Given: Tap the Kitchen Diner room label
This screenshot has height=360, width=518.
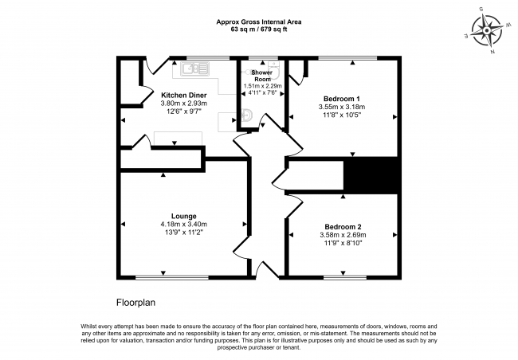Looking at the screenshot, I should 172,95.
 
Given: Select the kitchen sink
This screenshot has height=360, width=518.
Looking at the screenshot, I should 190,69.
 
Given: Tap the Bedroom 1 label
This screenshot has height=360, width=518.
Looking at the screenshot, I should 340,97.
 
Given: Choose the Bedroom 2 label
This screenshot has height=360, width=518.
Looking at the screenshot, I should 341,226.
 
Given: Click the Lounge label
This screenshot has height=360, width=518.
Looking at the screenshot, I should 183,215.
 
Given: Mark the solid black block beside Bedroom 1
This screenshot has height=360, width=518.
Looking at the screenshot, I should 370,175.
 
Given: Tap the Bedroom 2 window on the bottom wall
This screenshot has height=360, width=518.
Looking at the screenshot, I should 345,277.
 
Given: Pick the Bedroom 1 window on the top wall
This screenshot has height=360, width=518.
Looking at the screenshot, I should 347,58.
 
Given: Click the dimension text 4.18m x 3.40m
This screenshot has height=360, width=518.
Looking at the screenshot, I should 183,224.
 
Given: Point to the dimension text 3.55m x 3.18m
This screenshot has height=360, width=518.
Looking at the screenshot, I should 340,106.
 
